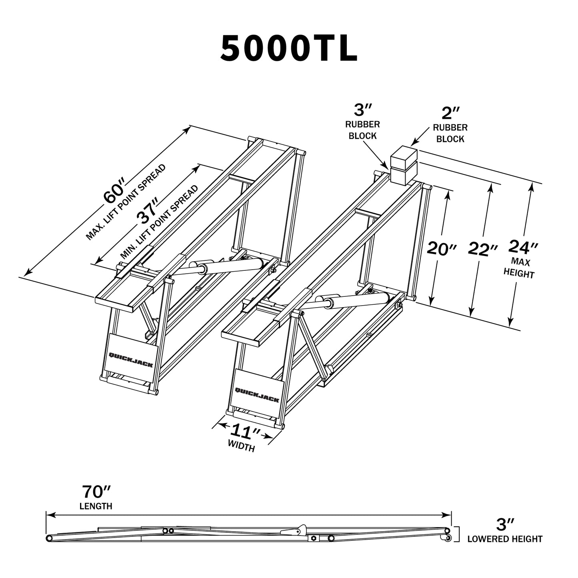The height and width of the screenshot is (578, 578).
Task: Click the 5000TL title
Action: tap(288, 48)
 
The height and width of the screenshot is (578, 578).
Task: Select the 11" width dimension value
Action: tap(245, 432)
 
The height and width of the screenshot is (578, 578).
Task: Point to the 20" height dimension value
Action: tap(442, 248)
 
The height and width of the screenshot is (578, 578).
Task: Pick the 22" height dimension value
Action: tap(483, 249)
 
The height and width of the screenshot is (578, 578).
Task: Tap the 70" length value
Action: tap(96, 490)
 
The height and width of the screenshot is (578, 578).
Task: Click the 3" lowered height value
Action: tap(505, 524)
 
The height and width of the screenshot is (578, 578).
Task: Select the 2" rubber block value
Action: tap(450, 114)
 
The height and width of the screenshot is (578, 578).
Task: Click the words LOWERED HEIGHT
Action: tap(505, 539)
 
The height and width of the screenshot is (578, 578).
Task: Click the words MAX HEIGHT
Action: tap(519, 268)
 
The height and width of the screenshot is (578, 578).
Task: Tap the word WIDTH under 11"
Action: tap(241, 446)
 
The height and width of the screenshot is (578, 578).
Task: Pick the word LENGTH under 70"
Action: tap(96, 506)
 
